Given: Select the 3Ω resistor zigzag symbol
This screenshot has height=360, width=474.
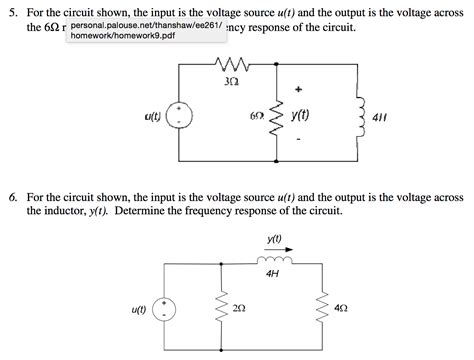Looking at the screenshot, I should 232,66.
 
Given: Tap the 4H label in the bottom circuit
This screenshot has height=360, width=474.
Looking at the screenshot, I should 273,272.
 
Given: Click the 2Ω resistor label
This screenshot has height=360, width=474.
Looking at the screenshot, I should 238,309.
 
